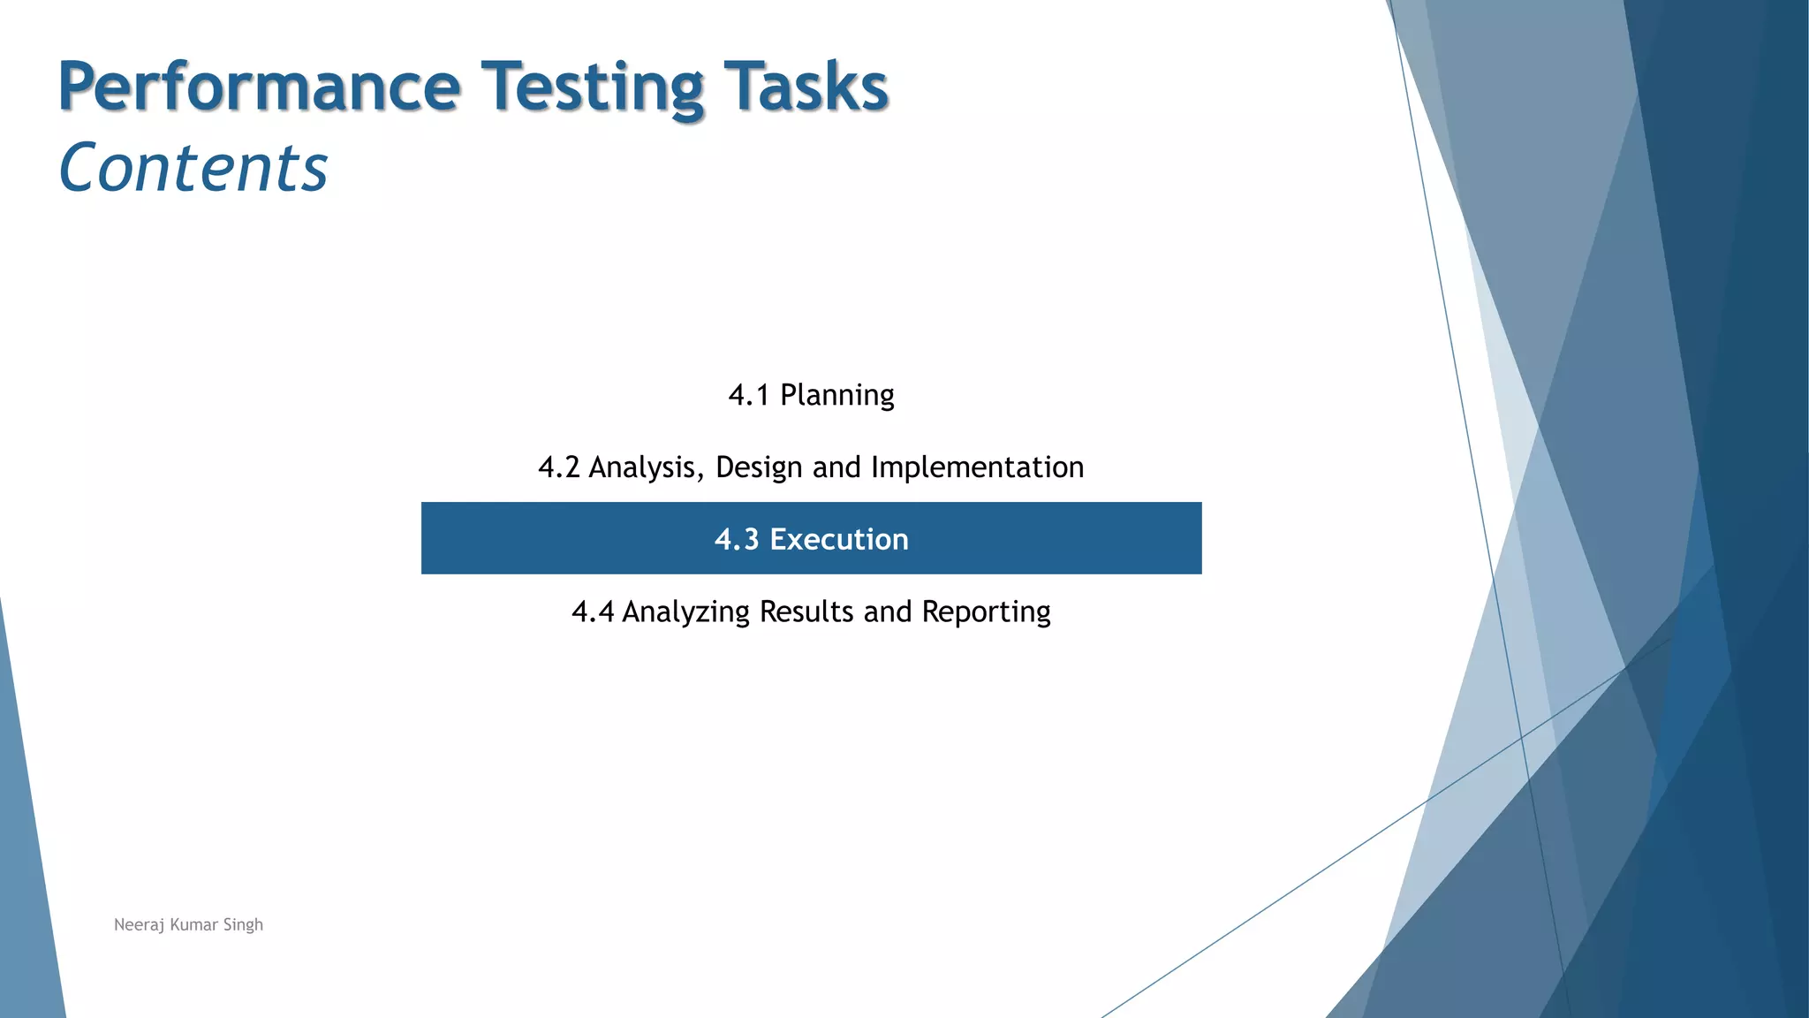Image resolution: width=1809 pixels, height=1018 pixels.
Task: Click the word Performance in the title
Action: tap(260, 87)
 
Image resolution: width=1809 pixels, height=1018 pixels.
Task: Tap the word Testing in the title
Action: tap(592, 87)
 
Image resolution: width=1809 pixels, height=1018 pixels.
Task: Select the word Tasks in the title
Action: tap(805, 87)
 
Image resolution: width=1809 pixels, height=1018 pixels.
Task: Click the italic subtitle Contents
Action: tap(193, 168)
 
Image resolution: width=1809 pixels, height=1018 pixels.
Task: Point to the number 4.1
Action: tap(748, 395)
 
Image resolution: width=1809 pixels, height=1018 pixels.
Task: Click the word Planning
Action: tap(836, 395)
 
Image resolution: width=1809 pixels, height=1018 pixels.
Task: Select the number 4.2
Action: tap(558, 467)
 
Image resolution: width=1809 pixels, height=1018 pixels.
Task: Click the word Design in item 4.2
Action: tap(758, 467)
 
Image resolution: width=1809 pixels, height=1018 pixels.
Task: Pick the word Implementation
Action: tap(977, 467)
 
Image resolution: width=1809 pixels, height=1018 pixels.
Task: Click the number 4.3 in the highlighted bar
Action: tap(737, 539)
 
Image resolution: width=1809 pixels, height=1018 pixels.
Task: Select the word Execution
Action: tap(838, 539)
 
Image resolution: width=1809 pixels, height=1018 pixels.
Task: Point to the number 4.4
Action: tap(592, 612)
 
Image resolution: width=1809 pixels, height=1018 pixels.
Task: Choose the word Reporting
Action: tap(986, 612)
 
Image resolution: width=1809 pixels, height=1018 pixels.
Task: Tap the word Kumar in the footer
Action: tap(193, 924)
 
